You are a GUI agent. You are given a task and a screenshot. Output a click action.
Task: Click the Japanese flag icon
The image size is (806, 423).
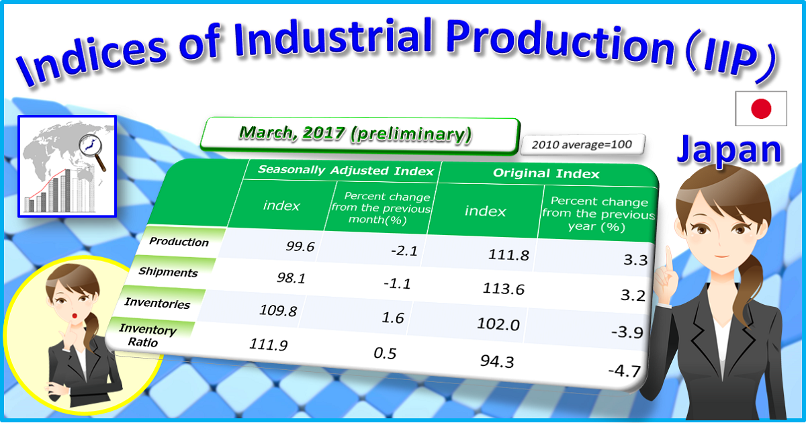760,108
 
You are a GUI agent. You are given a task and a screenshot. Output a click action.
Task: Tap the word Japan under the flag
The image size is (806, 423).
729,150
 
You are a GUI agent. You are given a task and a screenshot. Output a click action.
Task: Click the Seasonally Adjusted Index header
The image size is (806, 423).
345,171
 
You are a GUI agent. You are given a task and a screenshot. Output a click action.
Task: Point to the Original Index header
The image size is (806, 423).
546,173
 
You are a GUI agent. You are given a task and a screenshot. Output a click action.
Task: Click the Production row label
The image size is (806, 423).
179,242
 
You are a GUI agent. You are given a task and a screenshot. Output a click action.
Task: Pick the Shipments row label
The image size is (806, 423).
168,272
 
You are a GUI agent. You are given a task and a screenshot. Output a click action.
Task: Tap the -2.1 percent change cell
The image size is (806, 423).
404,251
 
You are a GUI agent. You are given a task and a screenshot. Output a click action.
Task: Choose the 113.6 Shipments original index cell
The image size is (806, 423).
504,289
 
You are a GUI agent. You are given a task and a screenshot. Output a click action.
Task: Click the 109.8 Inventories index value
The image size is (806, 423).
277,311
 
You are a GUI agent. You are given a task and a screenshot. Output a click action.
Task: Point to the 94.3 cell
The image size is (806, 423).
497,362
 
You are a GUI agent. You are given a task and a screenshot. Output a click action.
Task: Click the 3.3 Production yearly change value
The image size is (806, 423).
635,260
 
